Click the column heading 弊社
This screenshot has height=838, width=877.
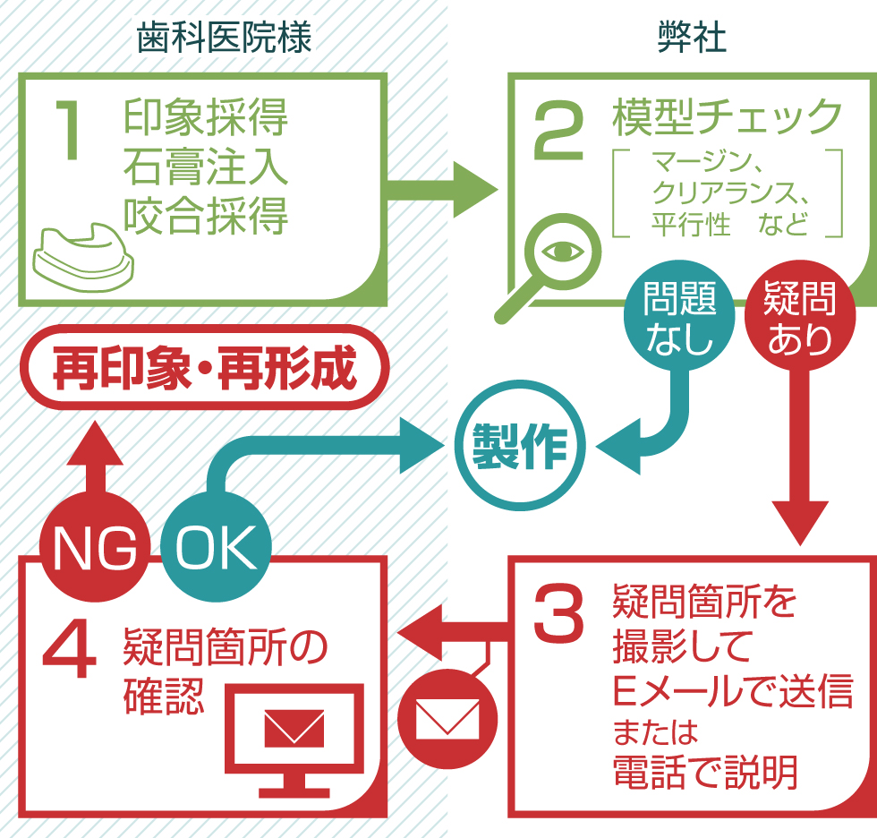(691, 38)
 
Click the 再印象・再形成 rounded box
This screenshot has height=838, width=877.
(205, 367)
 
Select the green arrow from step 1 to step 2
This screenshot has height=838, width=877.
(443, 191)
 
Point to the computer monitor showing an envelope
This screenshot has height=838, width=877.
(294, 734)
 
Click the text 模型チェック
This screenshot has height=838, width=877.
(728, 118)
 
